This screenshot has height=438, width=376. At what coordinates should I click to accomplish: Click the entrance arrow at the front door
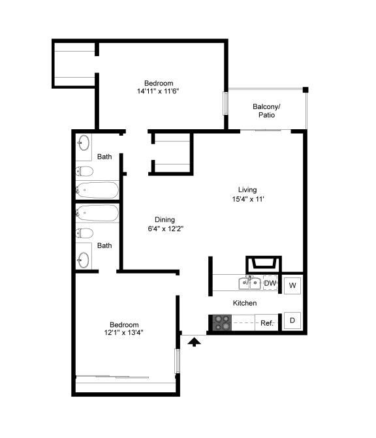[x=194, y=341]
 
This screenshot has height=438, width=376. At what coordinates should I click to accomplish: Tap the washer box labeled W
[x=292, y=285]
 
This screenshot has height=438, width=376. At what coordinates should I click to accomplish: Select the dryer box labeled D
[x=292, y=321]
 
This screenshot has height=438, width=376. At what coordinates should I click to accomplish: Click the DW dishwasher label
[x=270, y=283]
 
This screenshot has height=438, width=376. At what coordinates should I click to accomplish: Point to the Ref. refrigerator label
[x=267, y=323]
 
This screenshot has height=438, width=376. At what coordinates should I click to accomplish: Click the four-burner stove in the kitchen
[x=222, y=322]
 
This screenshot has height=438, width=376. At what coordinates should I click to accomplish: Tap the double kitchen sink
[x=250, y=283]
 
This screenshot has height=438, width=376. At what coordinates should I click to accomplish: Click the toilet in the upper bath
[x=84, y=171]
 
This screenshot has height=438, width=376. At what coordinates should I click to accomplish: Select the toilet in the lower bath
[x=84, y=233]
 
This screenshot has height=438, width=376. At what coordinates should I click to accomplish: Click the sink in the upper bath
[x=84, y=143]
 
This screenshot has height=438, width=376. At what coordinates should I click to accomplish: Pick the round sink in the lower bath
[x=84, y=260]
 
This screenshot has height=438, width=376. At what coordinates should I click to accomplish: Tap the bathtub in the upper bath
[x=97, y=190]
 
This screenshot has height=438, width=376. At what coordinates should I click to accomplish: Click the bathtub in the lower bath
[x=97, y=213]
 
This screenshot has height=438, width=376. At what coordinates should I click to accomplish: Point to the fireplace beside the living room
[x=264, y=264]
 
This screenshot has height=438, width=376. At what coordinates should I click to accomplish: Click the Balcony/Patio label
[x=266, y=111]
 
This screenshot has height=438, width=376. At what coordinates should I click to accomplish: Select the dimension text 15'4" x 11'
[x=248, y=199]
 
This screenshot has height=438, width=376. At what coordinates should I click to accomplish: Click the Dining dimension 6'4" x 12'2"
[x=166, y=228]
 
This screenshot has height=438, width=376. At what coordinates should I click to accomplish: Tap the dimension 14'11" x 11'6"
[x=158, y=91]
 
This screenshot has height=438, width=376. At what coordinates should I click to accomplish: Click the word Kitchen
[x=245, y=303]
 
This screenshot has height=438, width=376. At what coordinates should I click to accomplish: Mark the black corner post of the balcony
[x=305, y=89]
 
